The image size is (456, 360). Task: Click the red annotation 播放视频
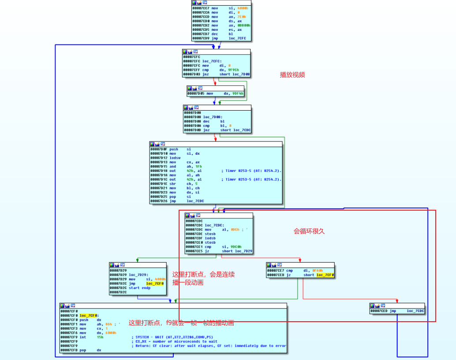click(x=292, y=75)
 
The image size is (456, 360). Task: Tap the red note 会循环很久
click(x=309, y=231)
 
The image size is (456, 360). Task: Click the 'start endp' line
click(x=140, y=288)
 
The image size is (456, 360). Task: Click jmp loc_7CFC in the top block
click(x=221, y=38)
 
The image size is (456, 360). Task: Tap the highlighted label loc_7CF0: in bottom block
click(x=89, y=315)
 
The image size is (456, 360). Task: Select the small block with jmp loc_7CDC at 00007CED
click(x=397, y=311)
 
